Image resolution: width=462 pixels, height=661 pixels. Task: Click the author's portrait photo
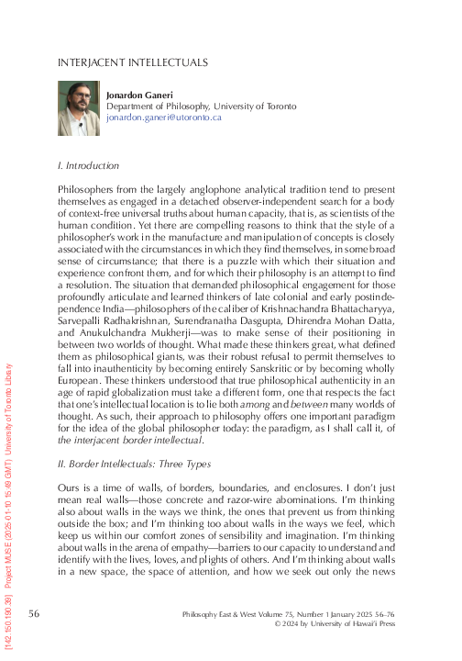pos(79,107)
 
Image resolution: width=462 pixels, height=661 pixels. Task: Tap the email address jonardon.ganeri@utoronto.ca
pos(165,118)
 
